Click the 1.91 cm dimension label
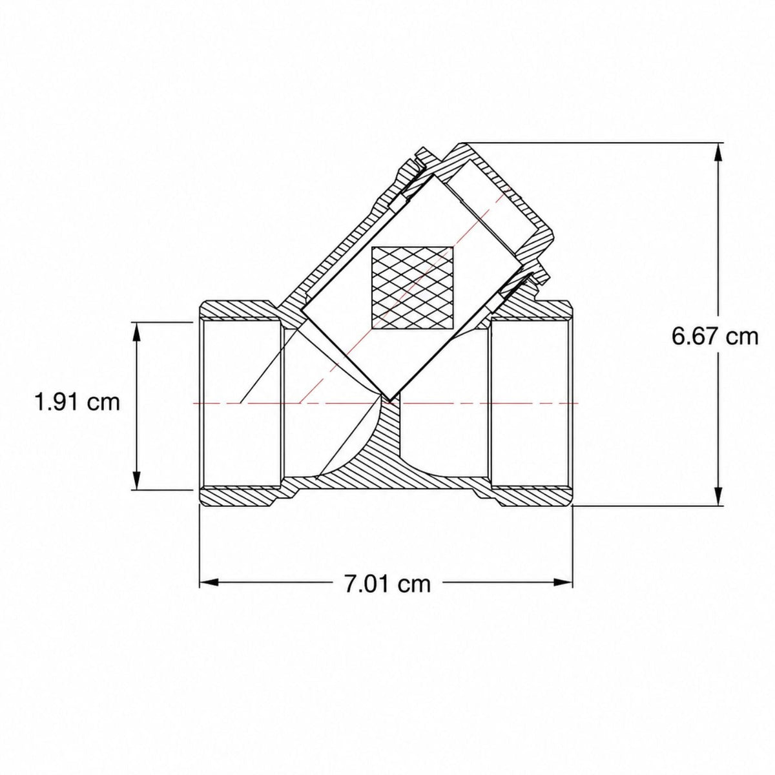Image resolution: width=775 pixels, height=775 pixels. coord(77,402)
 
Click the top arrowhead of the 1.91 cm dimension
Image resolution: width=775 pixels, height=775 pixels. coord(138,332)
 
